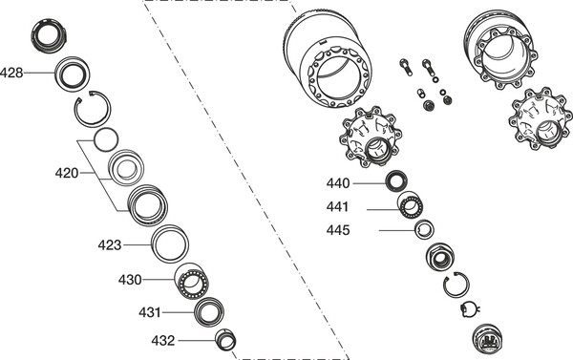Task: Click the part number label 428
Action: click(x=11, y=73)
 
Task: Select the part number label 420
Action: click(x=67, y=173)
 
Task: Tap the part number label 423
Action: click(x=110, y=244)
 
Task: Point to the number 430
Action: click(x=130, y=280)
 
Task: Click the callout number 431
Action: click(x=150, y=313)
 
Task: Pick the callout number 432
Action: click(x=163, y=341)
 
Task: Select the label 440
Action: click(x=338, y=183)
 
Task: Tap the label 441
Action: click(x=338, y=207)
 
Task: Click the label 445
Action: click(x=338, y=231)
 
